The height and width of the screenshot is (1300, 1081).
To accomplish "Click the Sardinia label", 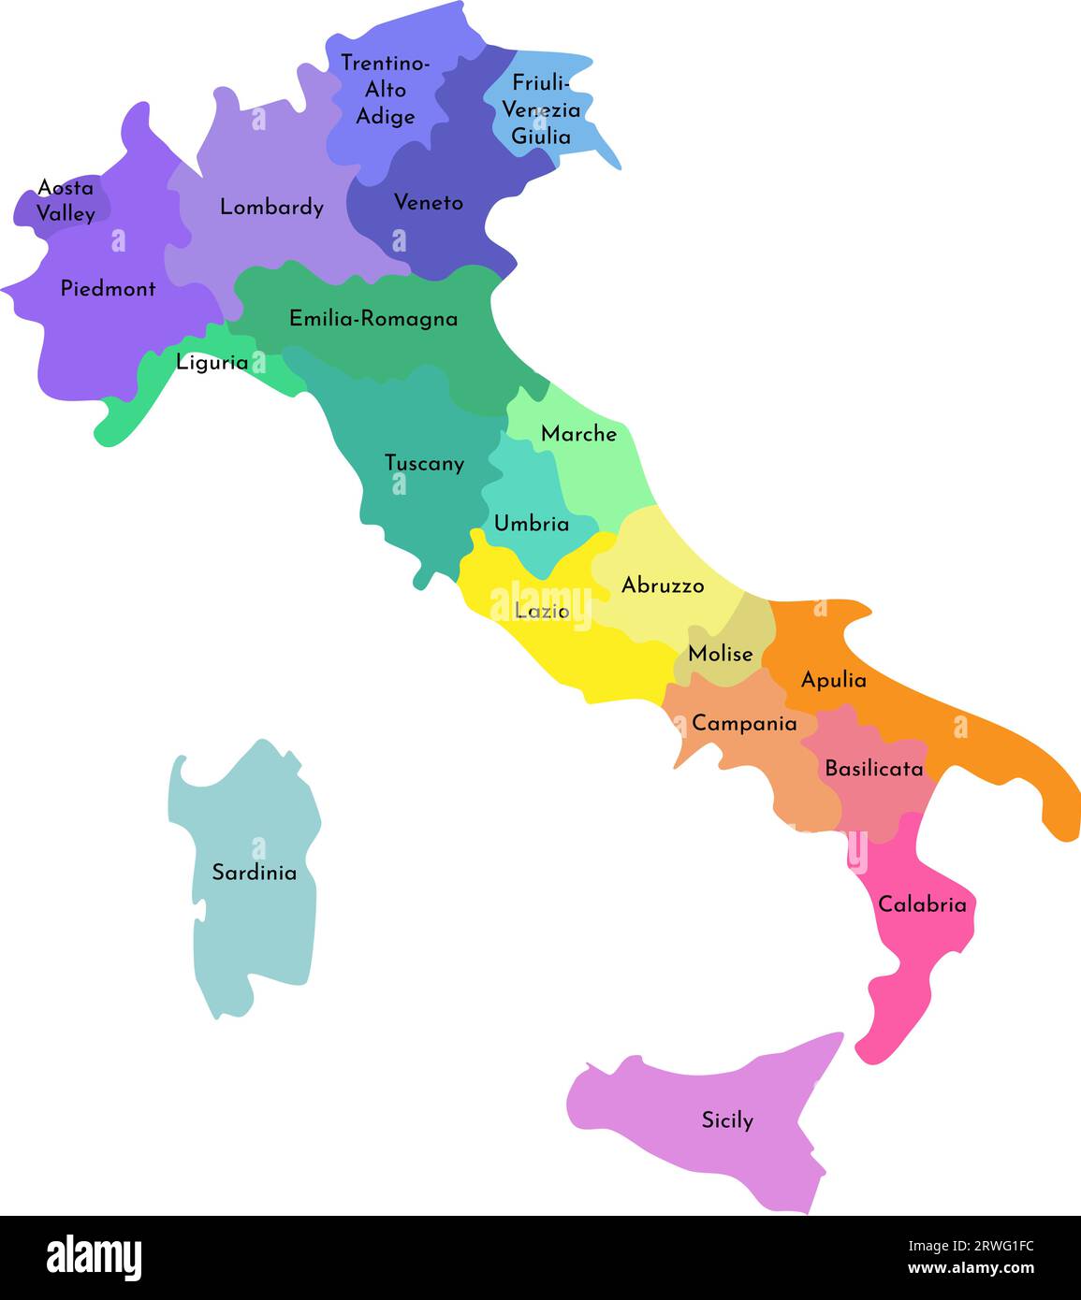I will pyautogui.click(x=254, y=873).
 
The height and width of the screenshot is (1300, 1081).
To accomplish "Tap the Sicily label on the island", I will pyautogui.click(x=727, y=1119).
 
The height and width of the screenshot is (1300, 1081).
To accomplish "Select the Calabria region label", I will pyautogui.click(x=922, y=904).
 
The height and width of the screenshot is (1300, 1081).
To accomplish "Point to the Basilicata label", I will pyautogui.click(x=873, y=769).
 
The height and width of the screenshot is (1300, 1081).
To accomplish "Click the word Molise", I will pyautogui.click(x=720, y=654).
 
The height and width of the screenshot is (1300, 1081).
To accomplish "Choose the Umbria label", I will pyautogui.click(x=532, y=524).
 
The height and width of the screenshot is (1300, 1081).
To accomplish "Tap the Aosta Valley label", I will pyautogui.click(x=66, y=201).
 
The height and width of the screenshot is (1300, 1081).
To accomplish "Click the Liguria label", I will pyautogui.click(x=212, y=362).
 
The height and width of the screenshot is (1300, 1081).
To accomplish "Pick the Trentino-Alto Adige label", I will pyautogui.click(x=386, y=90).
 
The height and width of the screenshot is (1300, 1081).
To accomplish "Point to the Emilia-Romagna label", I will pyautogui.click(x=373, y=319).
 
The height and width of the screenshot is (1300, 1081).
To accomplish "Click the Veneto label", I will pyautogui.click(x=429, y=202).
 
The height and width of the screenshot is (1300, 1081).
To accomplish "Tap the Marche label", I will pyautogui.click(x=578, y=434).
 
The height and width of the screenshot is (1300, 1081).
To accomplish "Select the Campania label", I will pyautogui.click(x=744, y=723).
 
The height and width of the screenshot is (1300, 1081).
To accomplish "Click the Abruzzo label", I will pyautogui.click(x=663, y=585).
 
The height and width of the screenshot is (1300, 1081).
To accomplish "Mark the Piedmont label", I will pyautogui.click(x=109, y=288).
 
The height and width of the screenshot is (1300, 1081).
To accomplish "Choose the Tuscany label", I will pyautogui.click(x=424, y=463).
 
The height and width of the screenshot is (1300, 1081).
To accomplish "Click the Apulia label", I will pyautogui.click(x=833, y=680).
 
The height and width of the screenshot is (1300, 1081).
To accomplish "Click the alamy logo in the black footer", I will pyautogui.click(x=94, y=1258).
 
